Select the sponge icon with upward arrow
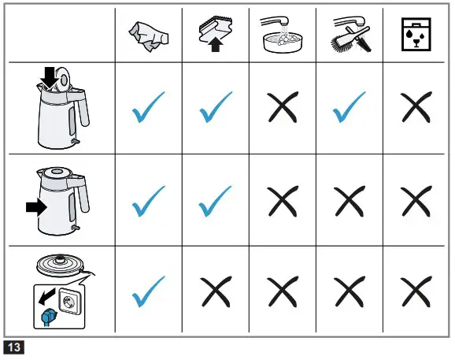pyautogui.click(x=215, y=35)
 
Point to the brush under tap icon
pyautogui.click(x=347, y=35)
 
